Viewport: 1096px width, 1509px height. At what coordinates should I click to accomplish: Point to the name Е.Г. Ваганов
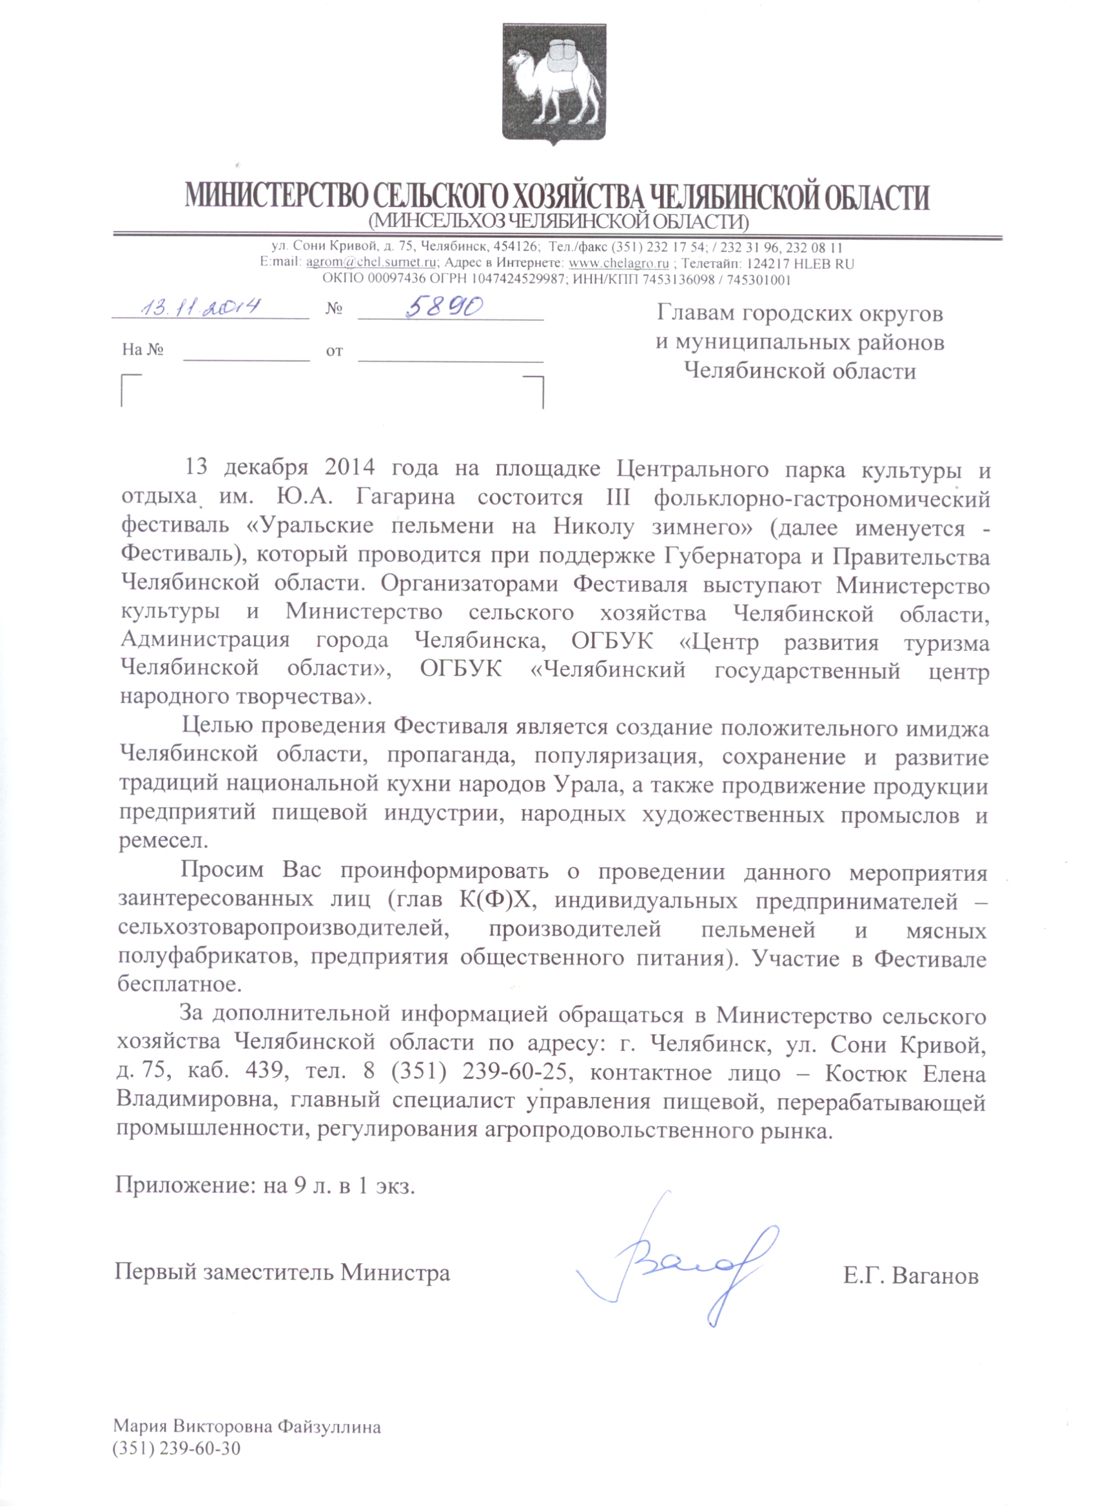(x=910, y=1276)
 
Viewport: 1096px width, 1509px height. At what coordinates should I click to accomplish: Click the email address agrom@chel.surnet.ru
(x=371, y=263)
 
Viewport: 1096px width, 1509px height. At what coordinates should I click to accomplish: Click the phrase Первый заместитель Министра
(x=282, y=1272)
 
